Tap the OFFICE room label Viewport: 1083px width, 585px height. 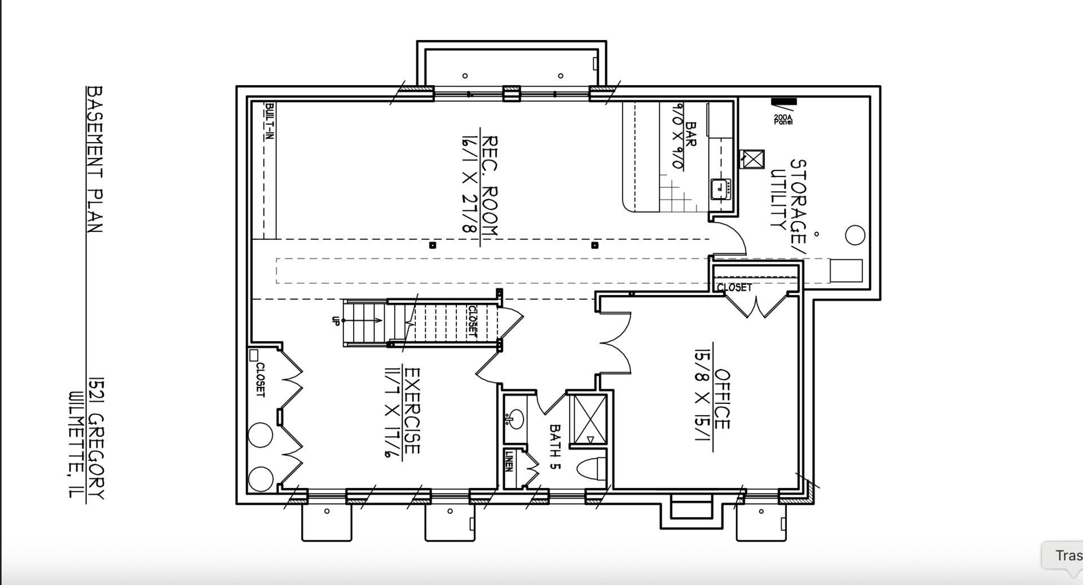coord(723,399)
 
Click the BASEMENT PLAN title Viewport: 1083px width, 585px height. coord(95,159)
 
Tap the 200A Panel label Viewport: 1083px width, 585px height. coord(783,119)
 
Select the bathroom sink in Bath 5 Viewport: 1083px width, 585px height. coord(514,419)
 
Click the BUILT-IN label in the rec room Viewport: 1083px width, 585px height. coord(270,121)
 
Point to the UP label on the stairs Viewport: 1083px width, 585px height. coord(336,320)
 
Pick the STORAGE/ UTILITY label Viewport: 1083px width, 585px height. coord(789,200)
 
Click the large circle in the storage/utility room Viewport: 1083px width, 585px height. coord(855,235)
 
